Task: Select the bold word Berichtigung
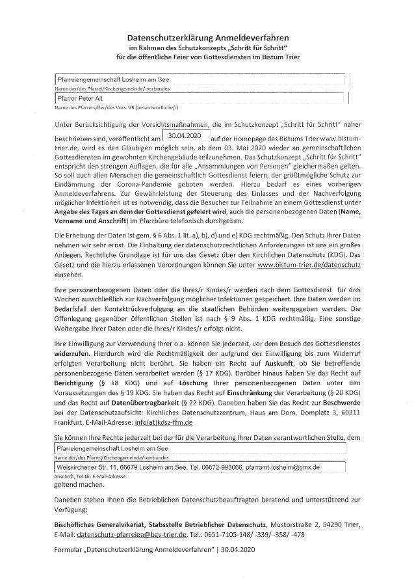(x=76, y=385)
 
